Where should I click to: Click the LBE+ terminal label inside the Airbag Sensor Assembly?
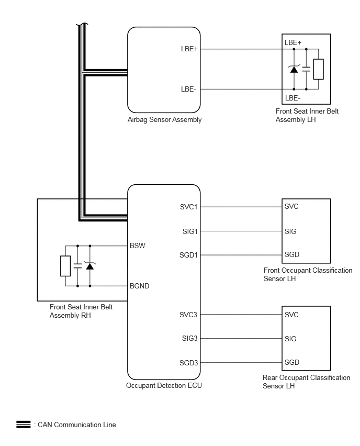point(189,49)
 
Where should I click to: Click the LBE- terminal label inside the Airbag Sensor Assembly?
point(188,90)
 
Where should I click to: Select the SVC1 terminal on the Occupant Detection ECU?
point(188,207)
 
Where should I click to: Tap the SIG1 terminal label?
point(190,231)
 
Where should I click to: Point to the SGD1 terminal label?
point(188,255)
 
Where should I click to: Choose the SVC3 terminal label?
point(188,315)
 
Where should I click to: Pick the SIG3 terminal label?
point(189,339)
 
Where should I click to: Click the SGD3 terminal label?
point(188,363)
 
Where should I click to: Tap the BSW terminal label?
point(138,246)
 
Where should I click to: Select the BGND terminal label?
point(140,286)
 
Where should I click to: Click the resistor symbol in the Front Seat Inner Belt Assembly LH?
point(319,69)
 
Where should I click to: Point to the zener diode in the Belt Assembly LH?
point(294,69)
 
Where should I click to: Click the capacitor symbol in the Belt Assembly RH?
point(77,266)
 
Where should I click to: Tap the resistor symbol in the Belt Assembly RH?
point(65,266)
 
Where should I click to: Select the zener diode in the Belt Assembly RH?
point(90,266)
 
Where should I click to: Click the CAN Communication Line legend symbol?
point(24,425)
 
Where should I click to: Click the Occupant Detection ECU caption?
point(164,386)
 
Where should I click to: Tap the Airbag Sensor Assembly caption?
point(164,120)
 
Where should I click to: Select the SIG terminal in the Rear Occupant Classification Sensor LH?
point(290,339)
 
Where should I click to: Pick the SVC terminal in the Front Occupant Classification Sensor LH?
point(291,206)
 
